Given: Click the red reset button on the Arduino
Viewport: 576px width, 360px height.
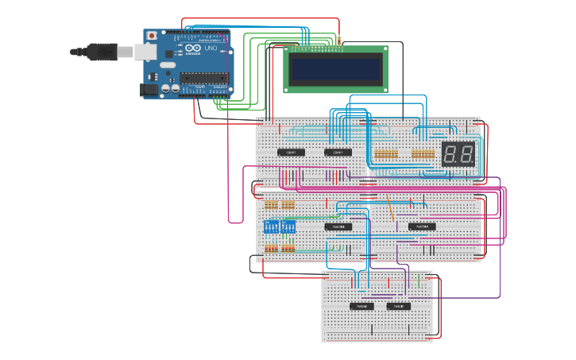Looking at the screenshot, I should [x=150, y=37].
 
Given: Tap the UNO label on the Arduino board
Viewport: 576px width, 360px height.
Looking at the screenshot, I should [x=211, y=49].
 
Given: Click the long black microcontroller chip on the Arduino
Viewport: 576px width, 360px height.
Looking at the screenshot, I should [x=203, y=77].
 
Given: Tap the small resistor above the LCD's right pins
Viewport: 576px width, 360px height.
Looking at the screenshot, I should [x=339, y=39].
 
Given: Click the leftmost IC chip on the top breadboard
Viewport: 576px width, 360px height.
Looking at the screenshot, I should [x=291, y=152].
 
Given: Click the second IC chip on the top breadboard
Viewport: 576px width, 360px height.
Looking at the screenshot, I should [x=338, y=152].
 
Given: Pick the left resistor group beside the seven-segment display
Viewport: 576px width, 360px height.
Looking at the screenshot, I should [x=386, y=153].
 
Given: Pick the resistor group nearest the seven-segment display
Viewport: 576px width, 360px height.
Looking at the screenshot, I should [x=423, y=153].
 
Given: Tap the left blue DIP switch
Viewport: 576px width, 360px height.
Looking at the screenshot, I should [x=272, y=226].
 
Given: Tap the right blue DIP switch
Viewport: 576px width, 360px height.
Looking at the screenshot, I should [x=288, y=226].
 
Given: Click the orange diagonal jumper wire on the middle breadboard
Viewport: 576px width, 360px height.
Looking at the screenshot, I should [x=389, y=208].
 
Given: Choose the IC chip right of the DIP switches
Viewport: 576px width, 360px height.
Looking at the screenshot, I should [x=338, y=226].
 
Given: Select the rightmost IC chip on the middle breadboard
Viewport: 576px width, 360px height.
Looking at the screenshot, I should [x=422, y=226].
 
